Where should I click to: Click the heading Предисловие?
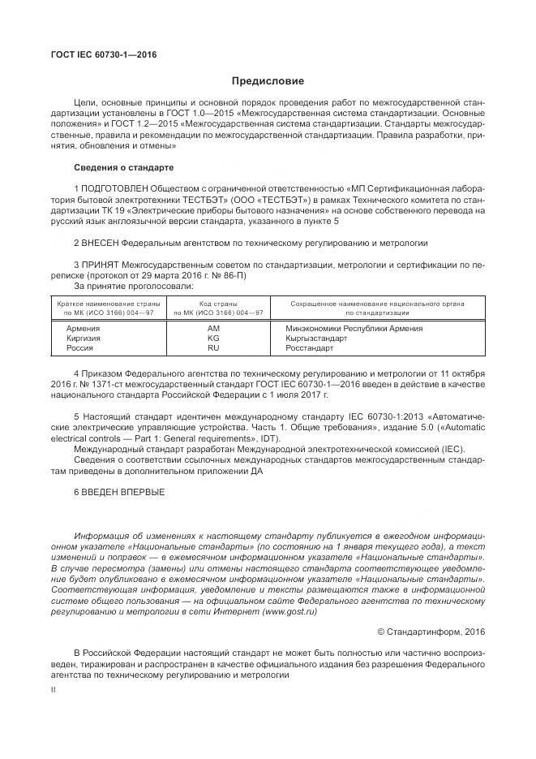click(x=268, y=81)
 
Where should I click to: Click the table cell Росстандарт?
click(x=310, y=347)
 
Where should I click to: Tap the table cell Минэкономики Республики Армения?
click(x=354, y=328)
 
